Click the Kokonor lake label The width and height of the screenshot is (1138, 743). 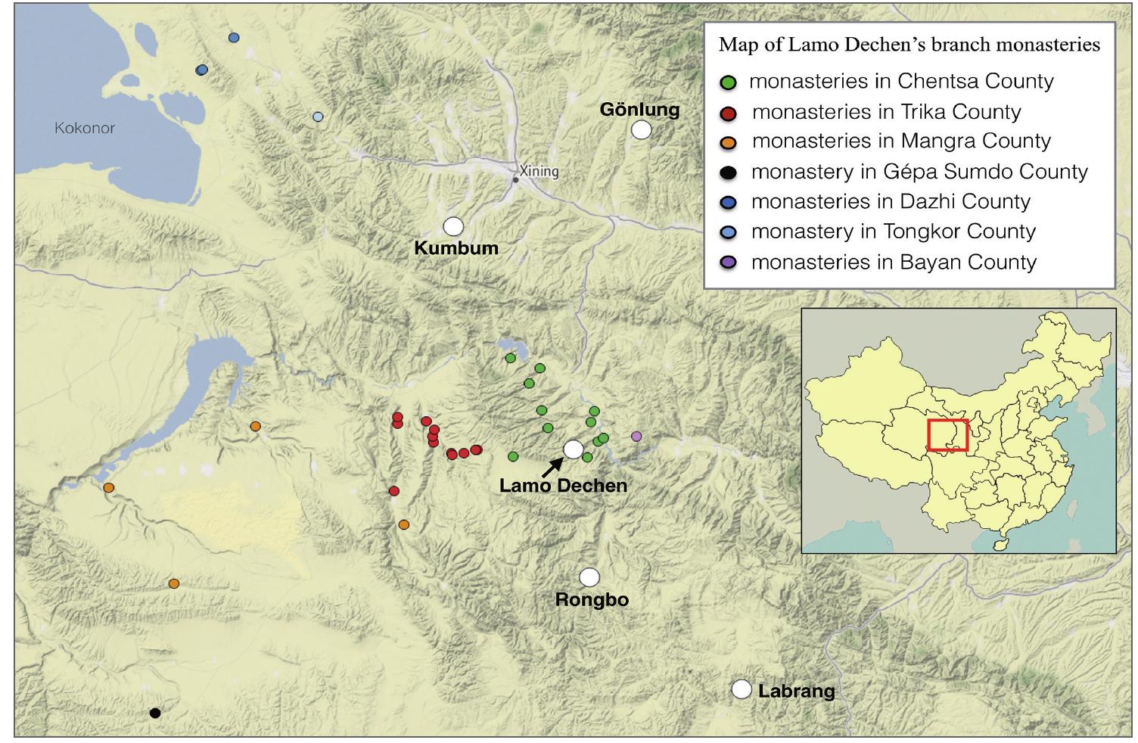[84, 128]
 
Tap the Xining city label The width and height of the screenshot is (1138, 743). [539, 171]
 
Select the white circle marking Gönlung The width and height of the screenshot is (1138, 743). [641, 129]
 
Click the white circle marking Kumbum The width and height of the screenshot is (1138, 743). [453, 225]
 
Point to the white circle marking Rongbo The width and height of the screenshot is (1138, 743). [589, 577]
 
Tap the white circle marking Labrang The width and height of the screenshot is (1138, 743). [742, 689]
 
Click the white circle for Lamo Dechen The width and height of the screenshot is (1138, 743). [574, 449]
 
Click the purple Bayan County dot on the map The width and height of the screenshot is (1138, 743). [636, 436]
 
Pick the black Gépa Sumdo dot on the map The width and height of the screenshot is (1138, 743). [155, 712]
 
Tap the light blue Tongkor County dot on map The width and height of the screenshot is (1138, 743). [318, 117]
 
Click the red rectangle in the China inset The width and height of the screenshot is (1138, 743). [948, 435]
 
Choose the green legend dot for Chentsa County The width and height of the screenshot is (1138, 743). [729, 82]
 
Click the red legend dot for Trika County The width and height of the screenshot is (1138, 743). [729, 113]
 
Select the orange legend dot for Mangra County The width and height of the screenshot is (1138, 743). [729, 143]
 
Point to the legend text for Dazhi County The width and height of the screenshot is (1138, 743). [891, 202]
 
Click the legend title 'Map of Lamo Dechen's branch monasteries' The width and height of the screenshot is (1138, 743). [909, 45]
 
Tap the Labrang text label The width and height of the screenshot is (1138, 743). [796, 691]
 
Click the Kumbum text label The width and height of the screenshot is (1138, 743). [456, 248]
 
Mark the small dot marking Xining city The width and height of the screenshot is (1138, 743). [515, 179]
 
